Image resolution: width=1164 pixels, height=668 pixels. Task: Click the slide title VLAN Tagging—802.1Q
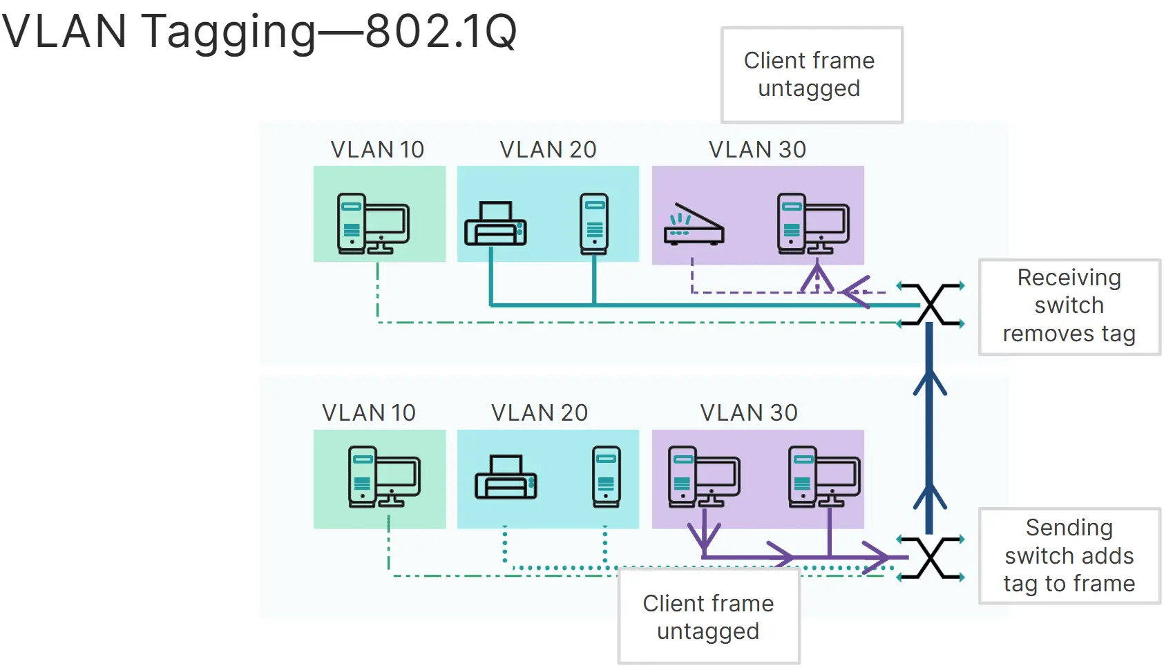(259, 31)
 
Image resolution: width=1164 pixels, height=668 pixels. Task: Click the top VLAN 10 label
(377, 149)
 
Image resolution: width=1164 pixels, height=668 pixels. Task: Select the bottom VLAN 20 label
(540, 412)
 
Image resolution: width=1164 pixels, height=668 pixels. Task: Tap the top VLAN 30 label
(757, 149)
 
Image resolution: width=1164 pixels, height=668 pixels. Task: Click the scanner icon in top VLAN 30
(694, 225)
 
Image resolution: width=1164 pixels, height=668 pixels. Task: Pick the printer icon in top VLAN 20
(495, 224)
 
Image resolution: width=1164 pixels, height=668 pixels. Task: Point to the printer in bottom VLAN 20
(506, 477)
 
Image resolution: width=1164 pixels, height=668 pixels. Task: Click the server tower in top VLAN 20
(594, 224)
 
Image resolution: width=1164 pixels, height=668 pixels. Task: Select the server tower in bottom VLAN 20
(607, 477)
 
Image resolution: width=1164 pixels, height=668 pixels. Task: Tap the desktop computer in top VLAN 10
(373, 225)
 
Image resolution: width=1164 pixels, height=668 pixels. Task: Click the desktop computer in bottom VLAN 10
(384, 477)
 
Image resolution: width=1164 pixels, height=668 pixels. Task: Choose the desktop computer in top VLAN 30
(813, 225)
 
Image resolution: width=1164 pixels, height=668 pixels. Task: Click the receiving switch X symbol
(931, 305)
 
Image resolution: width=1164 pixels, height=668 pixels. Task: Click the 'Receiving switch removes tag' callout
(1069, 306)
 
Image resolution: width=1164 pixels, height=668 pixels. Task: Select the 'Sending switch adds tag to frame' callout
(1069, 556)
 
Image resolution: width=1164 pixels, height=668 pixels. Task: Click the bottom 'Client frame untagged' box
(709, 616)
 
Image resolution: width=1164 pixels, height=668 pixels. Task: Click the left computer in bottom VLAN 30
(704, 477)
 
